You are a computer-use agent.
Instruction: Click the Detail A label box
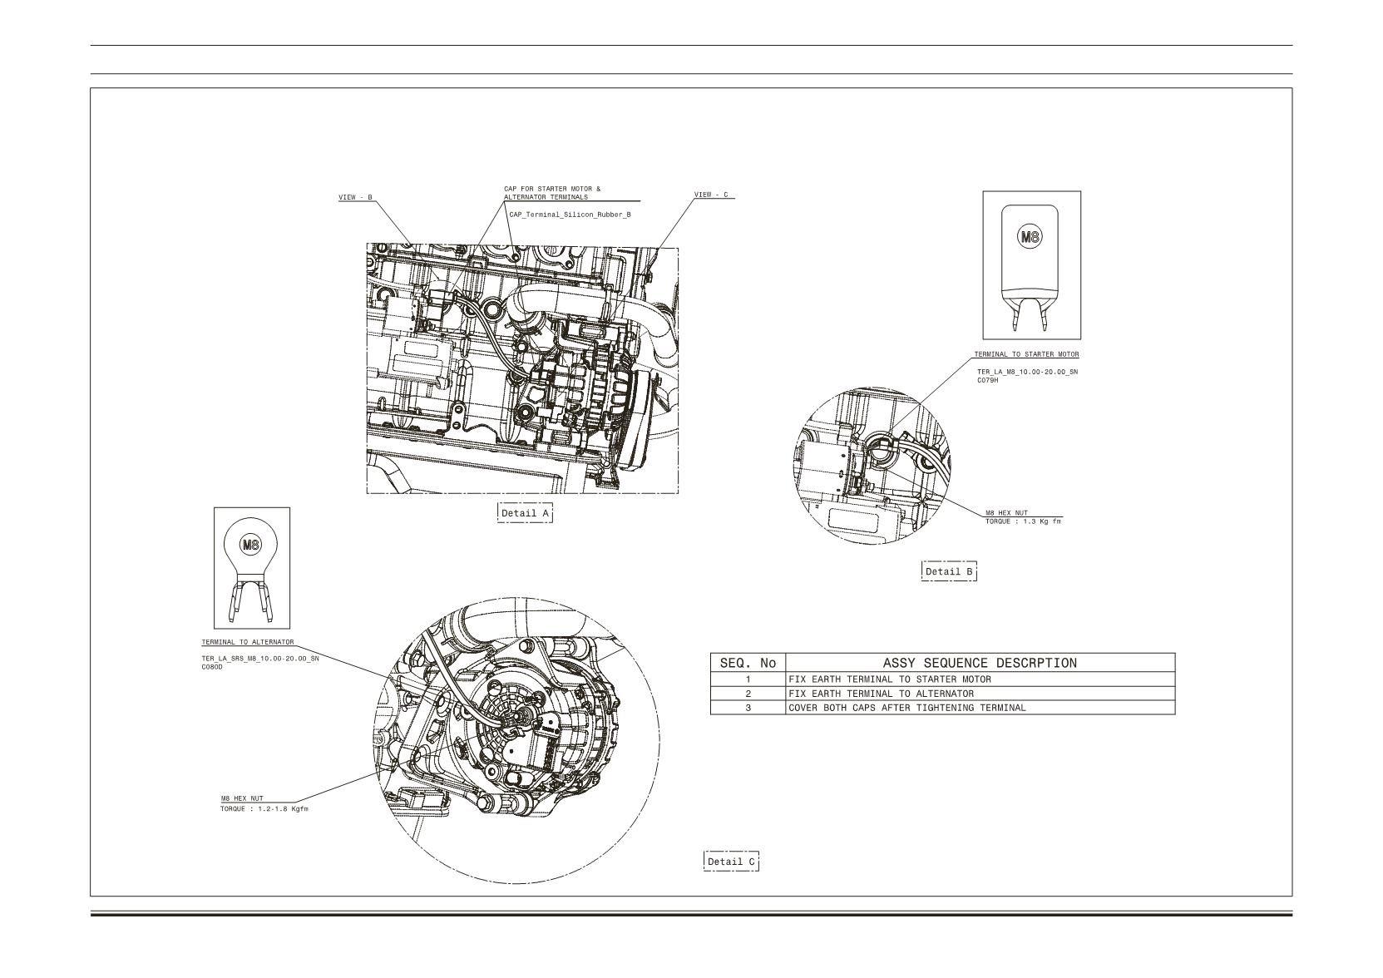pos(525,513)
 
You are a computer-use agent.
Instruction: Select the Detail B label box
pos(949,571)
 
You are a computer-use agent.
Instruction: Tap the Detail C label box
pos(731,862)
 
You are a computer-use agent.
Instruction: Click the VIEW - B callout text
pos(356,198)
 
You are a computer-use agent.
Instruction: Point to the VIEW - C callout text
pos(711,195)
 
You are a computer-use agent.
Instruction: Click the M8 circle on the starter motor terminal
pos(1030,237)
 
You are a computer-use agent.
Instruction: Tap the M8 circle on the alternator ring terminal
pos(250,545)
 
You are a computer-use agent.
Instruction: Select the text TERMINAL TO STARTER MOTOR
pos(1027,354)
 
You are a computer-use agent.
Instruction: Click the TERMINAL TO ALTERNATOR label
pos(248,642)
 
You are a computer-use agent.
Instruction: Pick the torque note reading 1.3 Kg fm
pos(1023,521)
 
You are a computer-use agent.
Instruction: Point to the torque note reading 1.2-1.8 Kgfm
pos(264,809)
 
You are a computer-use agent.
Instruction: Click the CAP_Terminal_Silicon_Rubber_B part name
pos(570,215)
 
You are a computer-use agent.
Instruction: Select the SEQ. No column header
pos(748,663)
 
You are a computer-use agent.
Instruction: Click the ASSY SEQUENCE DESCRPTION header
pos(980,663)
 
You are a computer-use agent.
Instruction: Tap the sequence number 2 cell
pos(748,694)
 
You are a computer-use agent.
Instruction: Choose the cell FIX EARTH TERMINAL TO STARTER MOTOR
pos(890,679)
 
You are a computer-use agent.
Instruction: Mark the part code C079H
pos(987,380)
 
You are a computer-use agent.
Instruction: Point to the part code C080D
pos(212,667)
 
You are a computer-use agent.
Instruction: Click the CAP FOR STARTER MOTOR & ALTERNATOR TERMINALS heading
pos(552,193)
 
